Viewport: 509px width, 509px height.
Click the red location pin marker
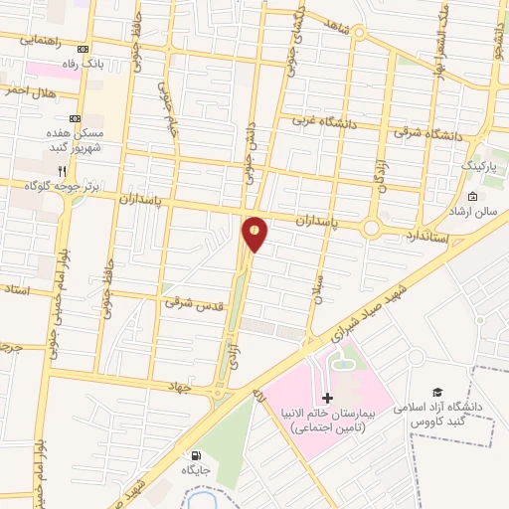point(254,234)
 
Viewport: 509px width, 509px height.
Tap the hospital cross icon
point(328,411)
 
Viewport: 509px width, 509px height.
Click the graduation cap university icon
point(435,395)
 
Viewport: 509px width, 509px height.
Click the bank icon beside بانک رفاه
point(84,49)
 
